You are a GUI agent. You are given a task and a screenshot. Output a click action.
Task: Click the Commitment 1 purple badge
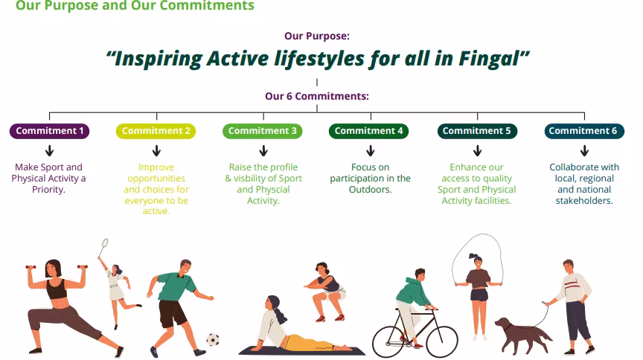50,131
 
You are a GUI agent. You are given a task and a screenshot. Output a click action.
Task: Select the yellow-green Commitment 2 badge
156,131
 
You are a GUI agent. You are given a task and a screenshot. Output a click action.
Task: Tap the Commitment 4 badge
368,131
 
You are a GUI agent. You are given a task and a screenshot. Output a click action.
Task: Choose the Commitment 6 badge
584,131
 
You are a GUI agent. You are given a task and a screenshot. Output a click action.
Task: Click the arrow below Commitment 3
263,150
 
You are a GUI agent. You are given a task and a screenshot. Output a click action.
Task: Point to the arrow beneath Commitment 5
477,150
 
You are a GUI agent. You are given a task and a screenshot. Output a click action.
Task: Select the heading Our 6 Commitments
317,96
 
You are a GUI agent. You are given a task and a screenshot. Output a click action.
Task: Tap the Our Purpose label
317,36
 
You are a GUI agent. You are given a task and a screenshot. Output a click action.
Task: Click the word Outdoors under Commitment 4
371,190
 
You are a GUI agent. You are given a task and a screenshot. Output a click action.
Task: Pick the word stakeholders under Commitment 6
584,201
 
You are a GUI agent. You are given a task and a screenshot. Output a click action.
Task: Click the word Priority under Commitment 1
49,190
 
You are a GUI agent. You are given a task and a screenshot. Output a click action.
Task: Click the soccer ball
213,339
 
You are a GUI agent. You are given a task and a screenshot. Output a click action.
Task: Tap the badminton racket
103,247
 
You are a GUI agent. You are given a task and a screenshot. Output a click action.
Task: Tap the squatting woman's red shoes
330,318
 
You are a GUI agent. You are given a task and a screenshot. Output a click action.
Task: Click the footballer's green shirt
177,286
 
